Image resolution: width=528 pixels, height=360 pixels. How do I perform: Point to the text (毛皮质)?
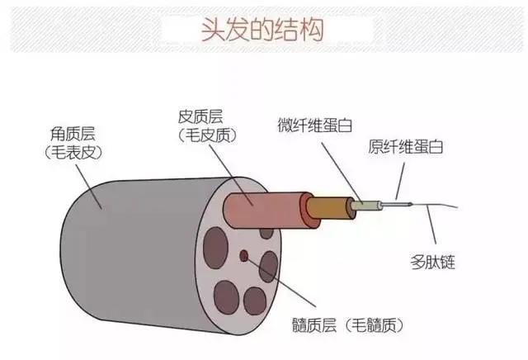pyautogui.click(x=205, y=133)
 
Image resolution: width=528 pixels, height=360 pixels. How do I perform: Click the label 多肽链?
pyautogui.click(x=432, y=263)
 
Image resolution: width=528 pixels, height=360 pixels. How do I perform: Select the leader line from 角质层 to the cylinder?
pyautogui.click(x=87, y=181)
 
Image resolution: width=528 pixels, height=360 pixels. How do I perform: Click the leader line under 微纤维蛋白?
pyautogui.click(x=338, y=169)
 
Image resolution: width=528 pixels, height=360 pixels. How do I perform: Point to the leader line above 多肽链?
pyautogui.click(x=431, y=230)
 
